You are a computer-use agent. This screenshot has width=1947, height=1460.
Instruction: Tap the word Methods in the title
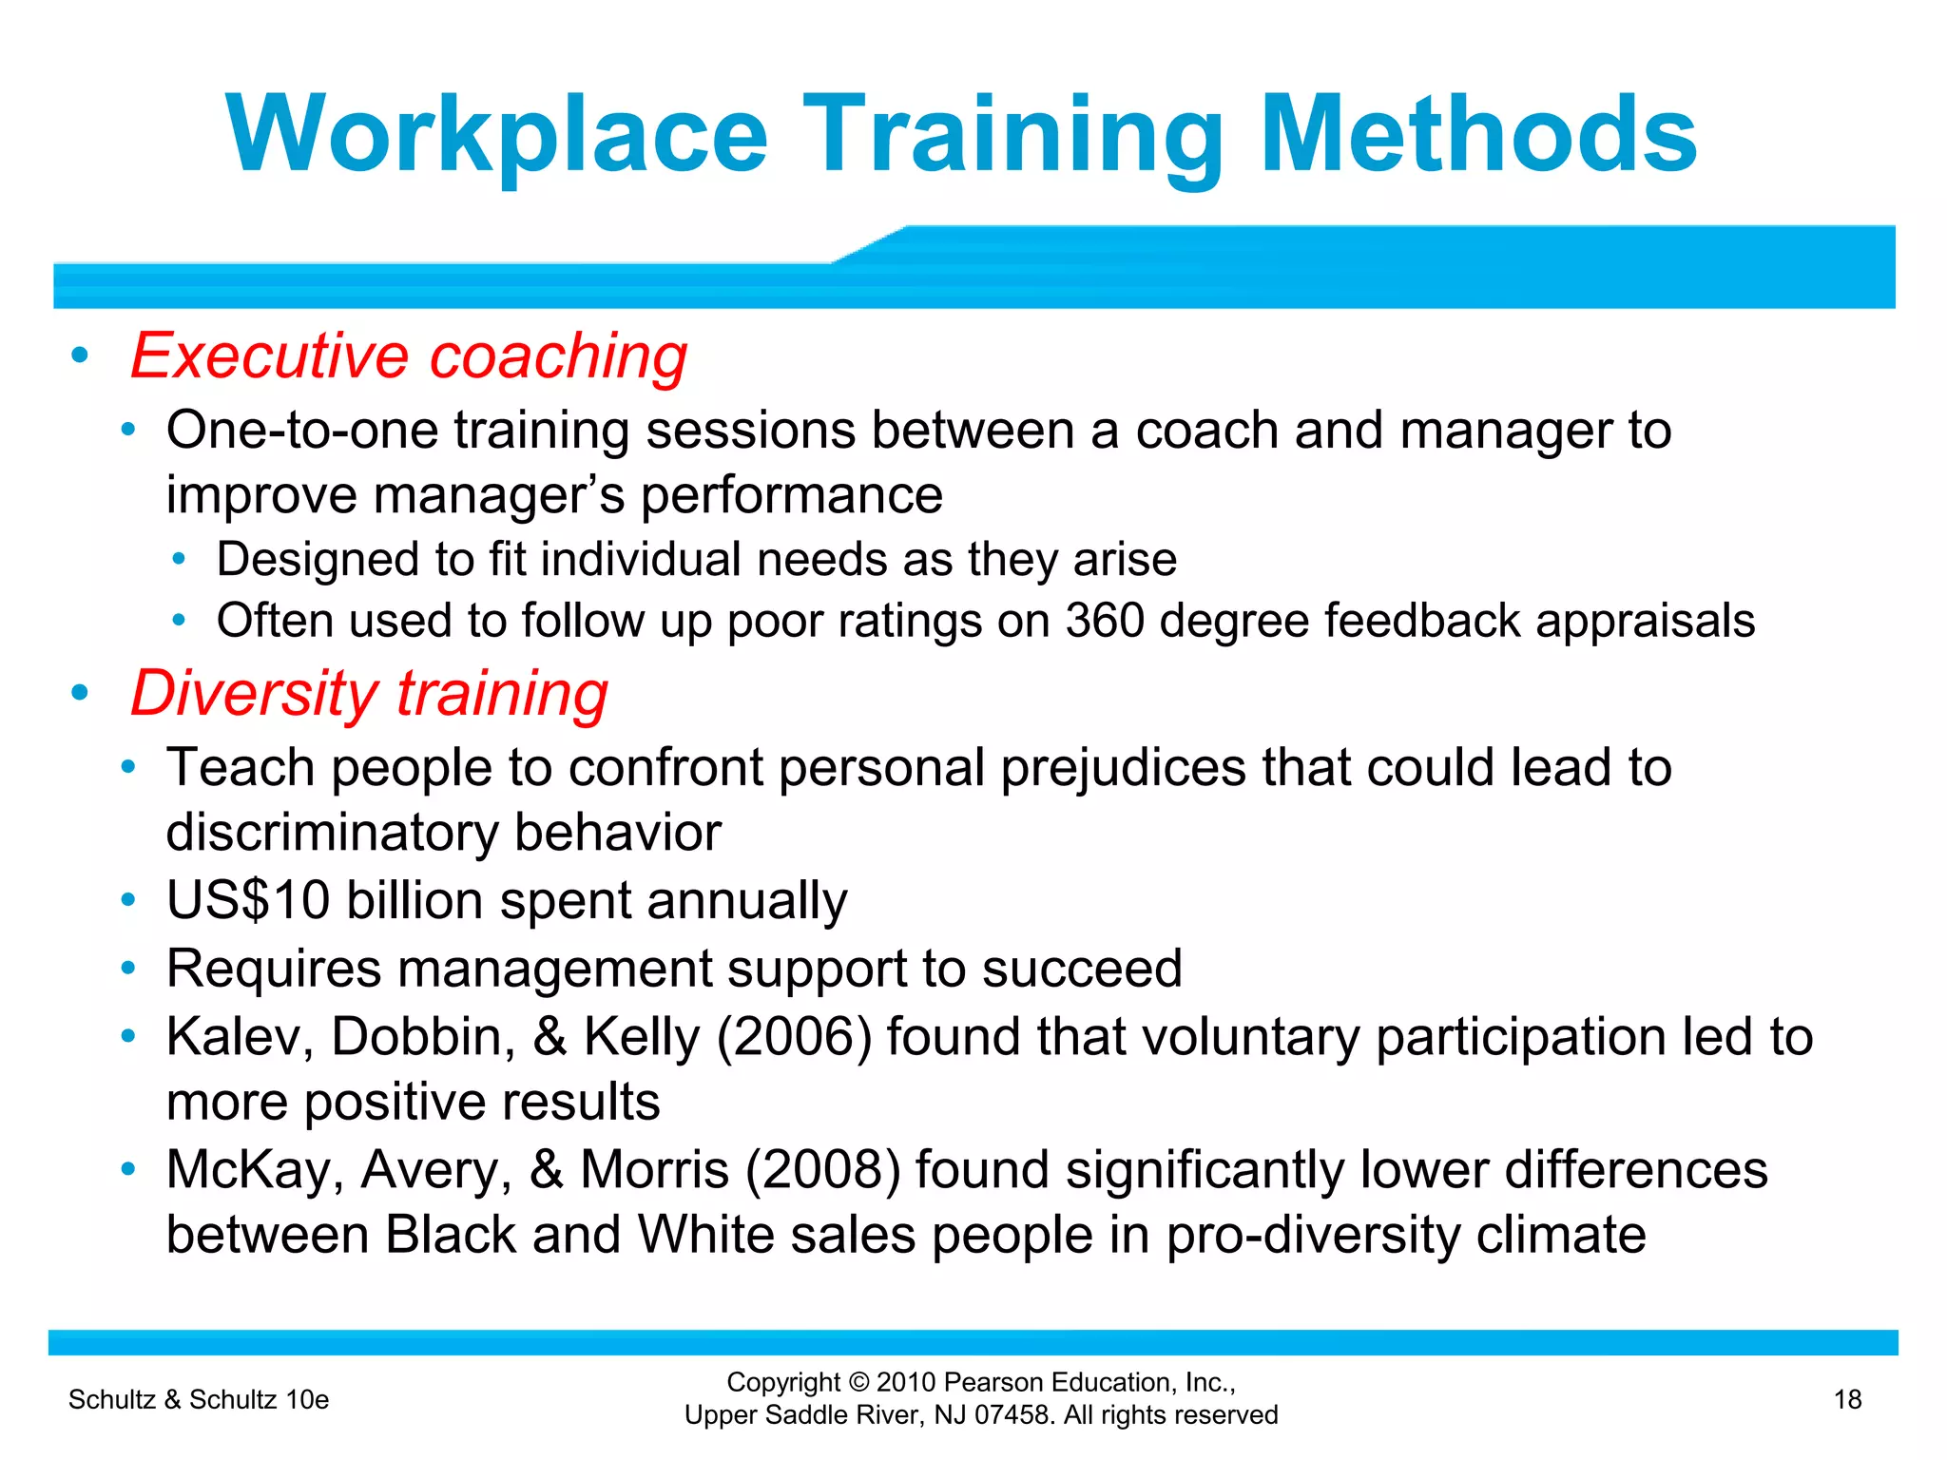pos(1478,135)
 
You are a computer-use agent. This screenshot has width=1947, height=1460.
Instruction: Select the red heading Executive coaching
pos(409,356)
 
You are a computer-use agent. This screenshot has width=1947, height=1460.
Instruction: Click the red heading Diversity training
pos(369,693)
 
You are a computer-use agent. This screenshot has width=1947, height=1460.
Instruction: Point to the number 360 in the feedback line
pos(1104,621)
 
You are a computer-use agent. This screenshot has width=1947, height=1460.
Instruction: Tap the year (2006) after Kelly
pos(794,1036)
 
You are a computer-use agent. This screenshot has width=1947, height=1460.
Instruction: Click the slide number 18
pos(1847,1399)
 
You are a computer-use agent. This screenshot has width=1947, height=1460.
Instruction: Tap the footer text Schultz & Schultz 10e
pos(199,1399)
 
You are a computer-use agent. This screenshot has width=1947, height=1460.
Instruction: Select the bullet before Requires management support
pos(128,969)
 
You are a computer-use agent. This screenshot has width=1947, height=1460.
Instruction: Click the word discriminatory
pos(332,833)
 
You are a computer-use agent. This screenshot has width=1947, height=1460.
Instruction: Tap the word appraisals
pos(1645,621)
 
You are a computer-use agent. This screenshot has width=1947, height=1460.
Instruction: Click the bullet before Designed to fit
pos(179,559)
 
